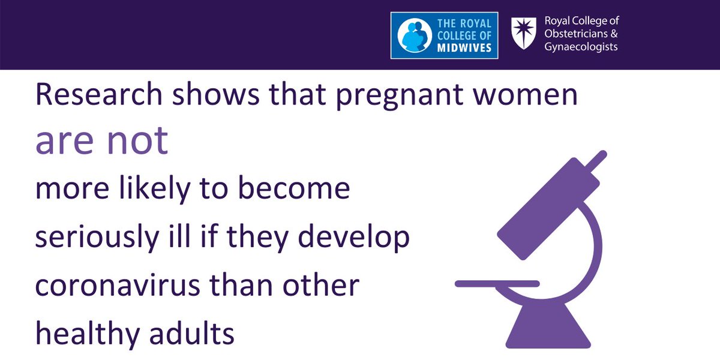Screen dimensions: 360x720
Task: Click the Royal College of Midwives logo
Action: pyautogui.click(x=445, y=36)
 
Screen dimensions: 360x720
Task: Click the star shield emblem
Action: pyautogui.click(x=524, y=33)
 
